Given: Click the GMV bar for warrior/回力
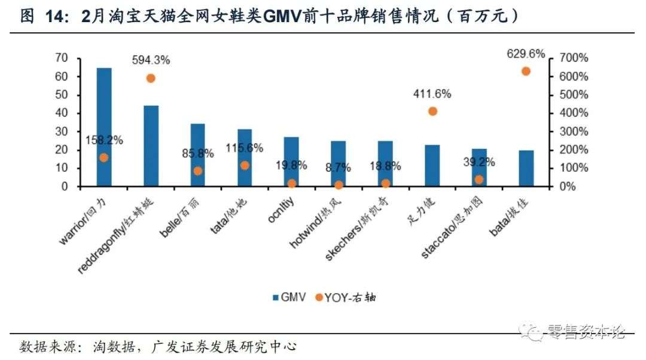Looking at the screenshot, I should [104, 127].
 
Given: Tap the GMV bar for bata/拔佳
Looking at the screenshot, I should [526, 168].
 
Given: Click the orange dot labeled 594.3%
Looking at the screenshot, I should [151, 78].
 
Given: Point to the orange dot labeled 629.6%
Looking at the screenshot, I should [526, 71].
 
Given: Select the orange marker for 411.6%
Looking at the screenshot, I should [432, 111].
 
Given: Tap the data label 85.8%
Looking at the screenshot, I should [198, 153].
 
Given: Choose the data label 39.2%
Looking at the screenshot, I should [479, 161].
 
